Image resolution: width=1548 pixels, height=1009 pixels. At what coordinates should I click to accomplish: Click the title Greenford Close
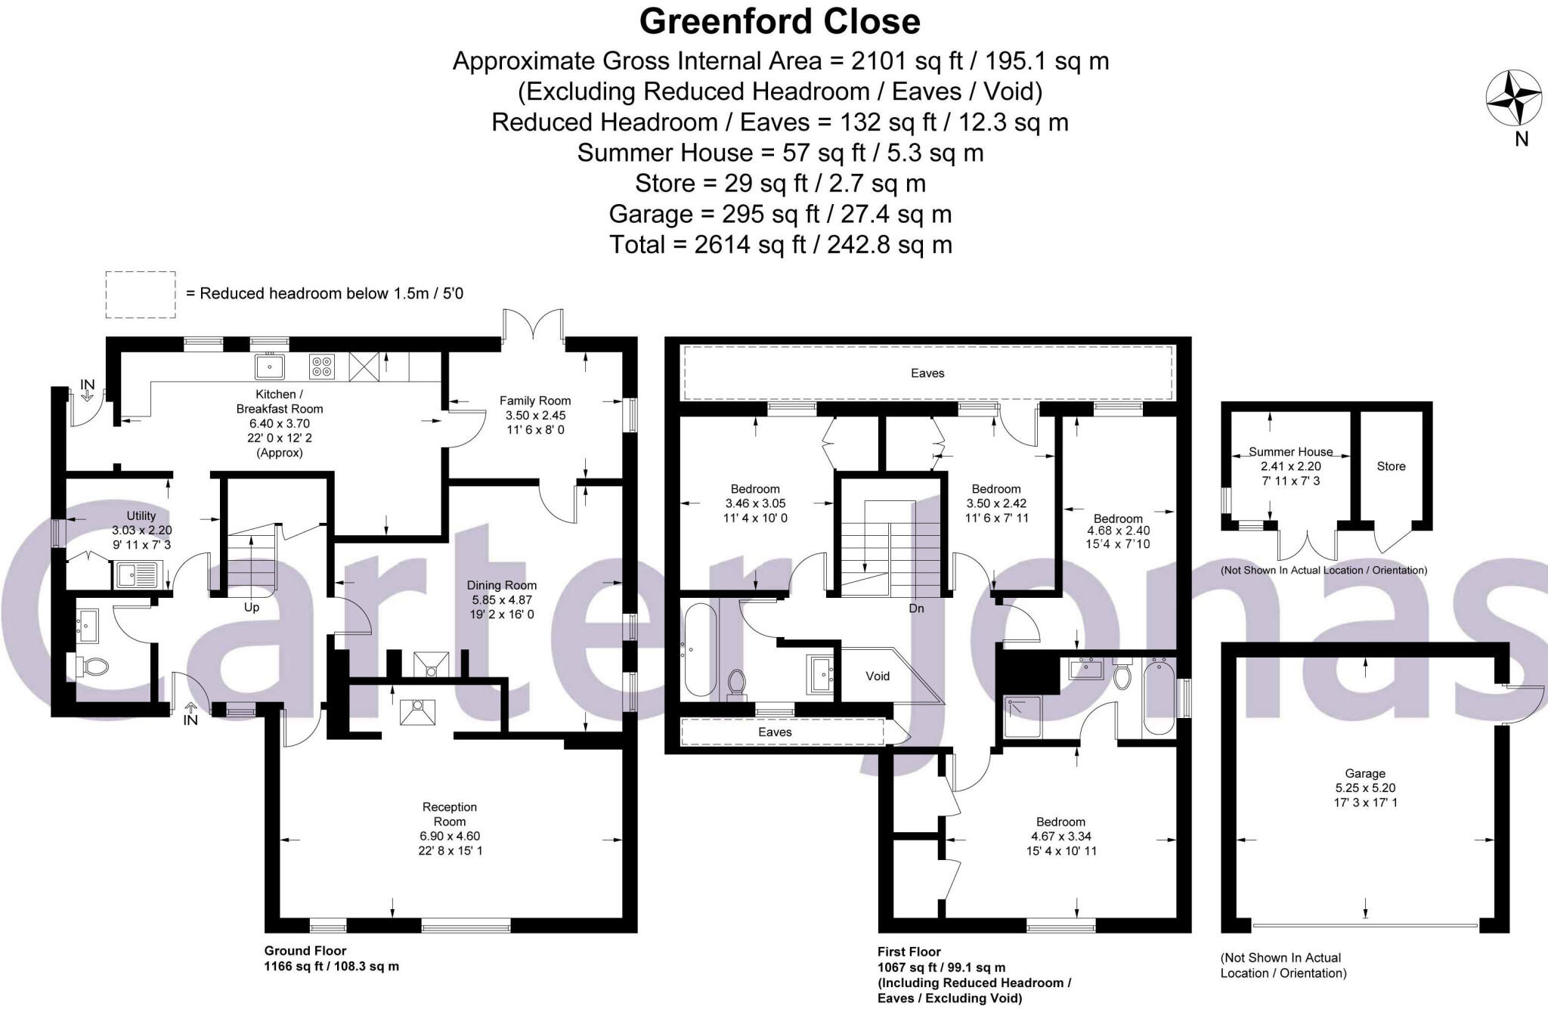[779, 21]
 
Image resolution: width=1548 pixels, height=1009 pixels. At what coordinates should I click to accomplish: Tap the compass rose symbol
[1513, 99]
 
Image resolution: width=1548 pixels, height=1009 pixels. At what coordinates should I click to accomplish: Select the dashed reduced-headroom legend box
[141, 294]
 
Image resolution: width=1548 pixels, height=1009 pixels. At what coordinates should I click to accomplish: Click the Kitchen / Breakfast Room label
[279, 401]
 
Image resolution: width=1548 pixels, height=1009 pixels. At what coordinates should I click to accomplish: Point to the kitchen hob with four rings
[321, 367]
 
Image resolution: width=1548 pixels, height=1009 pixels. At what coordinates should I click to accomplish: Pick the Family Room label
[535, 401]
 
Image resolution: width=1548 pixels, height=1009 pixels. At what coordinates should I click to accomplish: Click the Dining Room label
[501, 585]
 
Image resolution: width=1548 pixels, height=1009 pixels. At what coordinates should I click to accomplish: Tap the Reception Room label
[449, 814]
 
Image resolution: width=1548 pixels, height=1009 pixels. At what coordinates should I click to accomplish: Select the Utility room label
[141, 515]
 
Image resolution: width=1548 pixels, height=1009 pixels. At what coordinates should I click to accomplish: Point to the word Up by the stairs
[252, 607]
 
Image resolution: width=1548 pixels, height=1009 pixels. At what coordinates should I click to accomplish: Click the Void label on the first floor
[878, 676]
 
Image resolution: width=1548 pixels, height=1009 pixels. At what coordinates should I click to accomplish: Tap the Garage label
[1364, 773]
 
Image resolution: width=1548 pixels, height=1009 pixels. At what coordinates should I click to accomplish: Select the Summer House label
[1290, 451]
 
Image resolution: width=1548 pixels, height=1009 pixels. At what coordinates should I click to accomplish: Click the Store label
[1391, 466]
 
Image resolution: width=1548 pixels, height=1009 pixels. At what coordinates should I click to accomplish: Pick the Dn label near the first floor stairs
[916, 608]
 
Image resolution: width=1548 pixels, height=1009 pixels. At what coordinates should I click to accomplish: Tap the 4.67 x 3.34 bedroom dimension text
[1060, 836]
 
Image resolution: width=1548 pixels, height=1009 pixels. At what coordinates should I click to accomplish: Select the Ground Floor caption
[305, 950]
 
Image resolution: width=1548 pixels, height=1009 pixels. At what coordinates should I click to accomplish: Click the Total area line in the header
[780, 244]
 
